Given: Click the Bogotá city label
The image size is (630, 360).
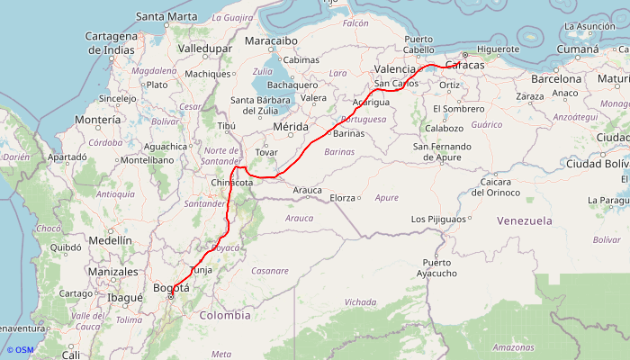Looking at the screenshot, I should (172, 288).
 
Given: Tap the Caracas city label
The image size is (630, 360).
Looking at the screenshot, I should (464, 67).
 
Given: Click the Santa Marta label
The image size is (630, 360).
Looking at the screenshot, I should (166, 16).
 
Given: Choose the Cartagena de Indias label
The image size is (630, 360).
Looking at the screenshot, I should (111, 41).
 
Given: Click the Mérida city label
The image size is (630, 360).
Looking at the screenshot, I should (291, 127).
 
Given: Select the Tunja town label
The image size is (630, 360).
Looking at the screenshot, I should (201, 270).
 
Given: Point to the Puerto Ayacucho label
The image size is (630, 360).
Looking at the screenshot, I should (437, 268).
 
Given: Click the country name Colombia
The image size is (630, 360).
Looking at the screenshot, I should (225, 315).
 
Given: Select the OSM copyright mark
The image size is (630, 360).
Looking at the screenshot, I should (20, 350).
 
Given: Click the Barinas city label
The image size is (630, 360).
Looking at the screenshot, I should (348, 133).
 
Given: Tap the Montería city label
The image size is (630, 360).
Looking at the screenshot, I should (99, 120).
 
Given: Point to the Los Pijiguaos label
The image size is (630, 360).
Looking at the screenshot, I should (438, 219).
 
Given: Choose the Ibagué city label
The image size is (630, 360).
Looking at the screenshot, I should (125, 297).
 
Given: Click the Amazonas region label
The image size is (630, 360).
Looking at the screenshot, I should (514, 347).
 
